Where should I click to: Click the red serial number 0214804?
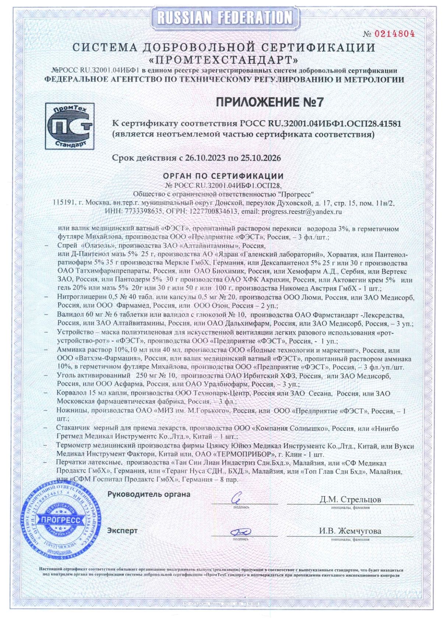pyautogui.click(x=394, y=34)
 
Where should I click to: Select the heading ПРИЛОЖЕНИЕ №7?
pyautogui.click(x=269, y=102)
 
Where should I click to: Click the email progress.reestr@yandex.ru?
pyautogui.click(x=302, y=212)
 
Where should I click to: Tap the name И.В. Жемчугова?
pyautogui.click(x=350, y=531)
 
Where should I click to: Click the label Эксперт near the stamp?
pyautogui.click(x=122, y=531)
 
